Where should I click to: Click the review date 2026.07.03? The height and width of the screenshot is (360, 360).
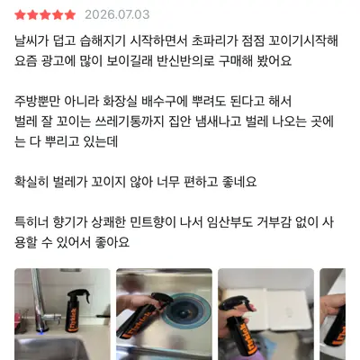117,14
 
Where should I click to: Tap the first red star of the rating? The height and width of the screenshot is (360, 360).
20,14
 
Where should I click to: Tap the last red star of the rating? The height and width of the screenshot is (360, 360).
70,14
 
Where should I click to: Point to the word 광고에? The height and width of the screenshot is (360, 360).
55,61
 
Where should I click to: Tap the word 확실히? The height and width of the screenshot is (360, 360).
31,182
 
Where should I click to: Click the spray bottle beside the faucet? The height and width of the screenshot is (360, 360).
74,310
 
